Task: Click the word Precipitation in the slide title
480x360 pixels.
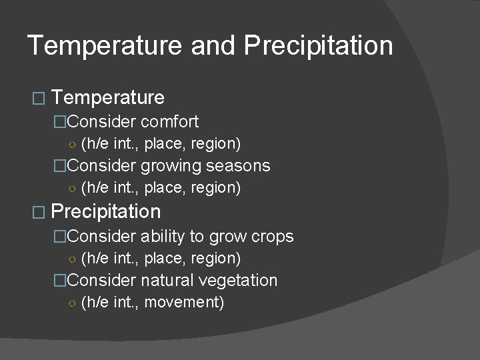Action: pos(318,46)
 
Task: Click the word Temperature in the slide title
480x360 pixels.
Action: pos(105,46)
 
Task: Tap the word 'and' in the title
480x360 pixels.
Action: pos(213,46)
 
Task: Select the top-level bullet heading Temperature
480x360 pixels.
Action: pos(108,98)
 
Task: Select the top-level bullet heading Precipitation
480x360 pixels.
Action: pos(106,212)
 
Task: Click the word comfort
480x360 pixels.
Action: pos(169,122)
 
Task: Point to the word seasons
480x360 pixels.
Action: pos(238,165)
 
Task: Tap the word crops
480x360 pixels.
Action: pos(271,237)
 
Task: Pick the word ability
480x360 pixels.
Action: pos(162,237)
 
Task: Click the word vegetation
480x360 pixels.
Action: pos(241,280)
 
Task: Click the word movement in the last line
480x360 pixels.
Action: pos(183,303)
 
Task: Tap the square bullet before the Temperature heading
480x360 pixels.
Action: pos(37,99)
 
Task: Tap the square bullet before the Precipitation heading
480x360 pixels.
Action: pos(37,213)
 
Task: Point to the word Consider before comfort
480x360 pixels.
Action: pos(101,122)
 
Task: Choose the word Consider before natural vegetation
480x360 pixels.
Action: pos(101,280)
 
